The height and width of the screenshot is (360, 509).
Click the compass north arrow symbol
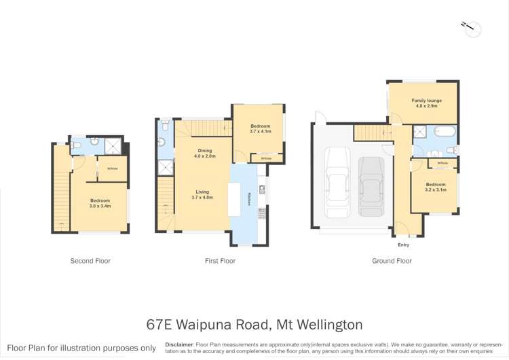click(472, 29)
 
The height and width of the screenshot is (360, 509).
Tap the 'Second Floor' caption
click(90, 261)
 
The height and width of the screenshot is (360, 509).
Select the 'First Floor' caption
click(220, 261)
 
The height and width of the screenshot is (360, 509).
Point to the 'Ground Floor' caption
click(392, 261)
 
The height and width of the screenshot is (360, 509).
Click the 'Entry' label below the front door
click(403, 245)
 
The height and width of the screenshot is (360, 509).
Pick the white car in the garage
click(337, 181)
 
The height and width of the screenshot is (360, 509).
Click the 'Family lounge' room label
click(426, 101)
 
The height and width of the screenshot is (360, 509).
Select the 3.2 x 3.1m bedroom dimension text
click(436, 190)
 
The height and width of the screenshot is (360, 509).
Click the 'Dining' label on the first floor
click(205, 151)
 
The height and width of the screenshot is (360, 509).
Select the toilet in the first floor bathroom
click(161, 142)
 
